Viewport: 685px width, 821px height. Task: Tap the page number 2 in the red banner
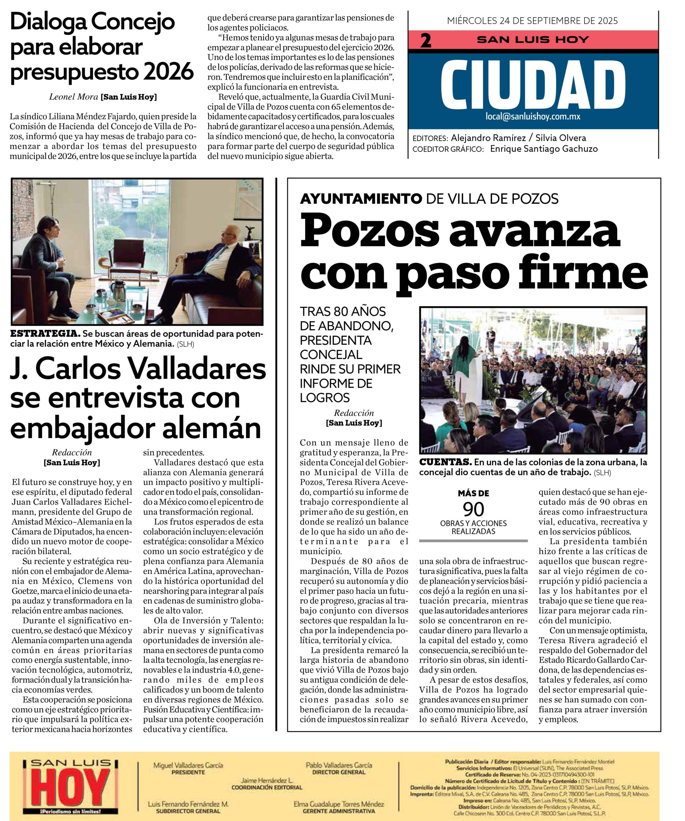[426, 40]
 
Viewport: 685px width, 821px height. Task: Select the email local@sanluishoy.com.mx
[533, 116]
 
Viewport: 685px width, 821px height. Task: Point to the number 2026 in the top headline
[169, 72]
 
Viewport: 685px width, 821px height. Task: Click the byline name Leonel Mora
[74, 97]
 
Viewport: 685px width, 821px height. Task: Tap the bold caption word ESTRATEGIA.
[45, 334]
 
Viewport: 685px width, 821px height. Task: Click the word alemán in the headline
[211, 428]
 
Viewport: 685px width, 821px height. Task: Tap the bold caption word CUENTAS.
[445, 462]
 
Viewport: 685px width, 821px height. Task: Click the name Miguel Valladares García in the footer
[188, 765]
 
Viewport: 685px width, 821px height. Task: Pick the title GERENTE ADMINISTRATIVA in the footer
[339, 811]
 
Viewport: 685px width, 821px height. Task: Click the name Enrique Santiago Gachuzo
[544, 149]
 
